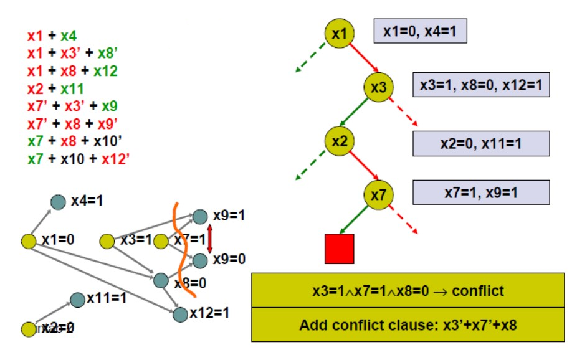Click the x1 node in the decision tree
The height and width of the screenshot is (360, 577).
[x=339, y=34]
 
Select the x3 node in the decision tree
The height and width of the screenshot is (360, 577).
[x=379, y=87]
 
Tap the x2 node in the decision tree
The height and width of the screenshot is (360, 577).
[x=339, y=141]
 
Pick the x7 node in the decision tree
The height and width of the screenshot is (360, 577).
[x=379, y=194]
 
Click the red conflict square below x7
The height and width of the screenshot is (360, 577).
[x=339, y=249]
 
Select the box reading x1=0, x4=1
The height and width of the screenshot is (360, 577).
[x=419, y=30]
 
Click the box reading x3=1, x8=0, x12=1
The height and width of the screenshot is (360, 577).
[x=480, y=84]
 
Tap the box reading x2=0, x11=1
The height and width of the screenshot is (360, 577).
[x=480, y=143]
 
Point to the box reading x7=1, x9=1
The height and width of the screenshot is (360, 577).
[x=480, y=192]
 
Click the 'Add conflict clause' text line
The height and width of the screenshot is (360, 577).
[x=408, y=324]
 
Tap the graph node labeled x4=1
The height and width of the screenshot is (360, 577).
[x=58, y=201]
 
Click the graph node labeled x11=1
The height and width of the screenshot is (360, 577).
[x=77, y=300]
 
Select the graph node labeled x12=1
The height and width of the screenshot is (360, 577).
[x=180, y=314]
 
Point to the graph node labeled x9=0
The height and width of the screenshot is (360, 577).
[x=200, y=260]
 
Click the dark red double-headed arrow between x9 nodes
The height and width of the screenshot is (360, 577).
[x=210, y=238]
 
